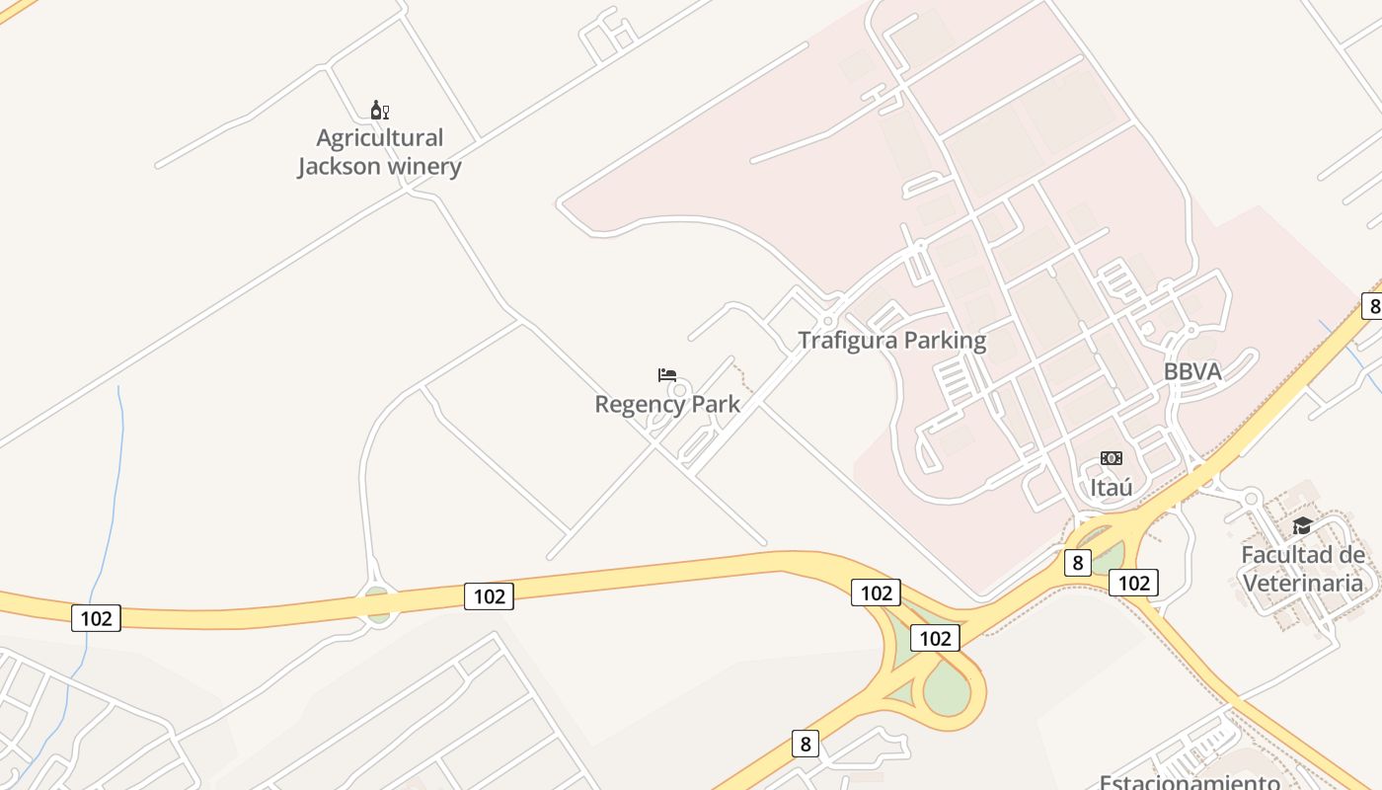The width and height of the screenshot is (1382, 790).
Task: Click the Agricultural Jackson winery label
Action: (x=379, y=152)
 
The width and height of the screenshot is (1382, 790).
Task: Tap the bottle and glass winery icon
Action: (x=379, y=110)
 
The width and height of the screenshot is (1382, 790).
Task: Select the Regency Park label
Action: (x=667, y=404)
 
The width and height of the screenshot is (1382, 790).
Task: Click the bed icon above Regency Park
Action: (x=667, y=375)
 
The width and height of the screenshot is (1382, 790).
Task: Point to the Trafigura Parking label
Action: (x=891, y=341)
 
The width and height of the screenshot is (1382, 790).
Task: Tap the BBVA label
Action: (x=1192, y=371)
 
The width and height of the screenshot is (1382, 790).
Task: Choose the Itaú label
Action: (x=1111, y=488)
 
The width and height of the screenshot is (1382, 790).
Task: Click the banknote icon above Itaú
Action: (x=1112, y=458)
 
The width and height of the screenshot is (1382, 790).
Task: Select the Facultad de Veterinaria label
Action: (x=1303, y=569)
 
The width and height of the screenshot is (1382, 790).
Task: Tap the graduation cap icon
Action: (x=1302, y=525)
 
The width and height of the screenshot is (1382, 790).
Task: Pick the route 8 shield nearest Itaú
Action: (x=1077, y=563)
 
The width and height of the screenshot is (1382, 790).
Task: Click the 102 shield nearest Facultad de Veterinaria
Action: (x=1133, y=583)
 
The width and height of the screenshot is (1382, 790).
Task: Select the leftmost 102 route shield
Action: (x=96, y=618)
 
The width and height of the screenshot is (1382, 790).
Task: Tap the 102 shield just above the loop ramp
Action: (x=934, y=638)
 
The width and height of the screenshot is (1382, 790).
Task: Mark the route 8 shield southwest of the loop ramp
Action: (x=806, y=744)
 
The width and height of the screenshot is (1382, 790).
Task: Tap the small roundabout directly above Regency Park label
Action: (x=677, y=390)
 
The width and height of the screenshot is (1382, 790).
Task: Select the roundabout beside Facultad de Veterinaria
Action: (x=1252, y=498)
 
